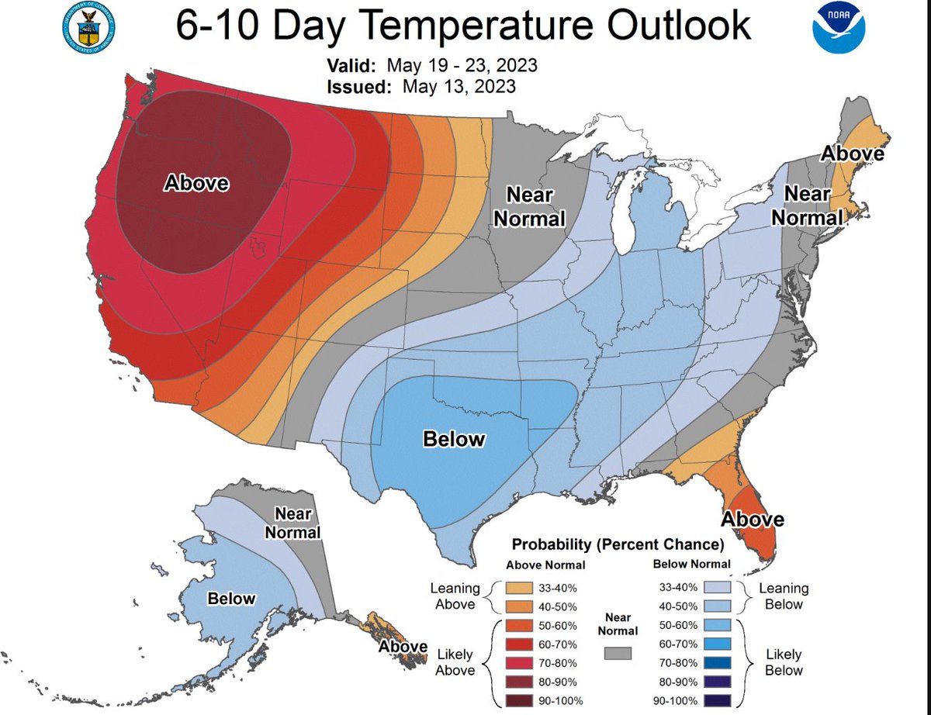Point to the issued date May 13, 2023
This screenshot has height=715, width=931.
tap(459, 86)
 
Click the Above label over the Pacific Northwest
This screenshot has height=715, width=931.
tap(196, 183)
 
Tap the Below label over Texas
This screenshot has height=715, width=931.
tap(454, 439)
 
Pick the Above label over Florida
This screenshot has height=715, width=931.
tap(753, 519)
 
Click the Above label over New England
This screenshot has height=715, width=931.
tap(853, 154)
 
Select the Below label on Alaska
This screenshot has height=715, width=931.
tap(231, 598)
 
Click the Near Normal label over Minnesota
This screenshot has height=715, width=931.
tap(530, 206)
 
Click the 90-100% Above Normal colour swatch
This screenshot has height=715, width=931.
tap(521, 703)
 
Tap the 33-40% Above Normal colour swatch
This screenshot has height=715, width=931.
tap(521, 588)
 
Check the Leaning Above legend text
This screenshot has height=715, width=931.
tap(455, 597)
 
